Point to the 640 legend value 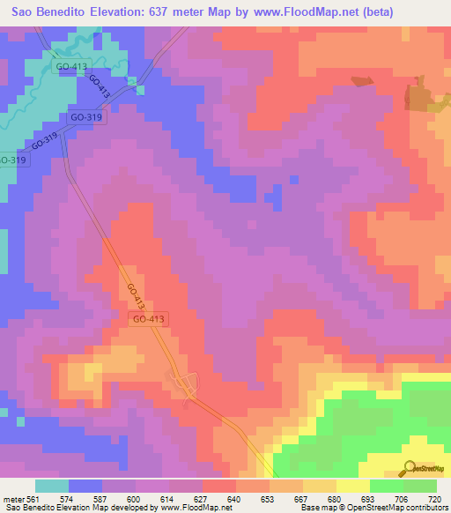pos(233,499)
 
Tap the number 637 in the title pos(174,11)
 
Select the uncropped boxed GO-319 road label pos(86,116)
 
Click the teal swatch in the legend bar pos(52,487)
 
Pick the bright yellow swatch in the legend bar pos(353,487)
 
